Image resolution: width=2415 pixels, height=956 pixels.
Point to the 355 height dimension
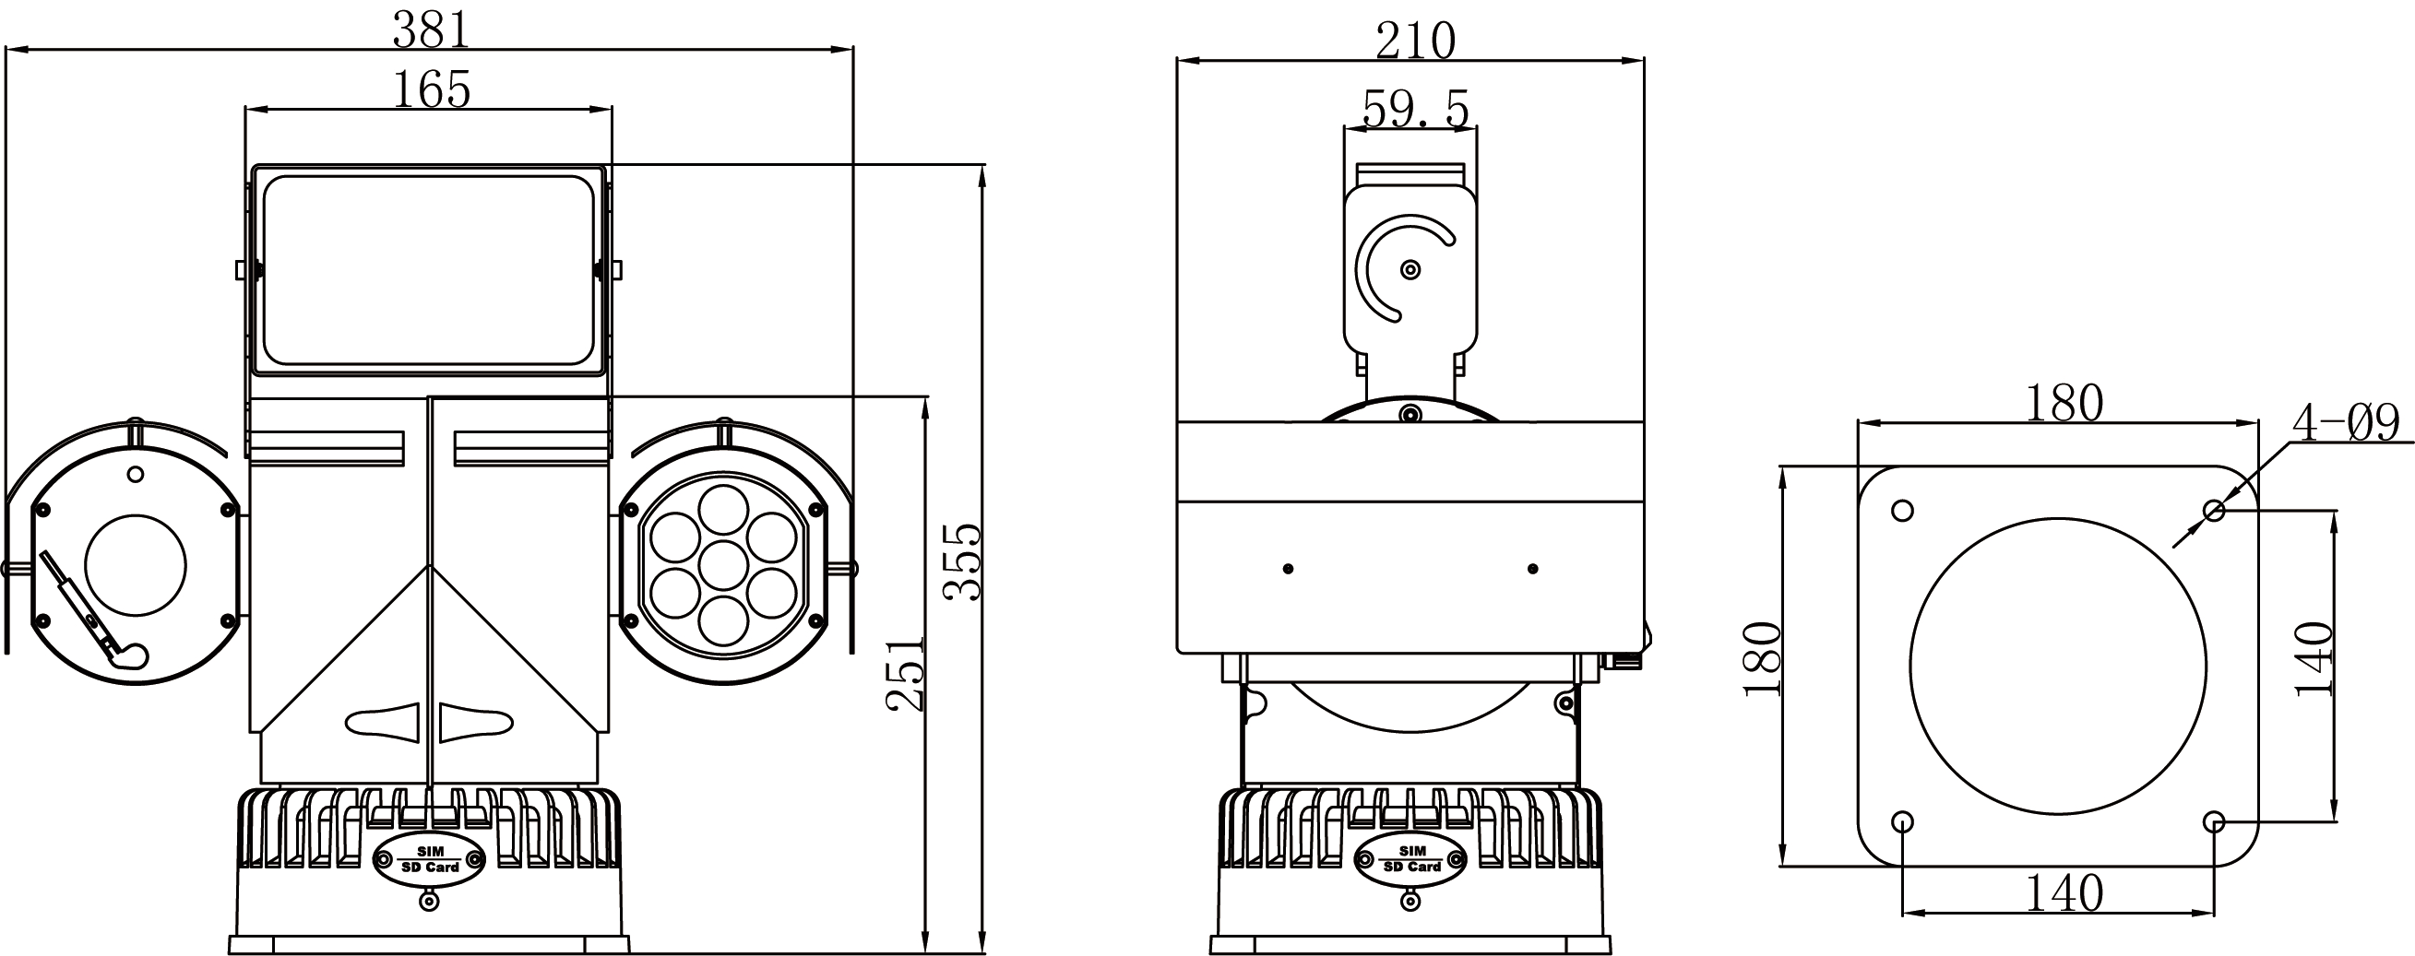tap(962, 561)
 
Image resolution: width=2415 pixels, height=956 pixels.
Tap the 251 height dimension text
tap(905, 674)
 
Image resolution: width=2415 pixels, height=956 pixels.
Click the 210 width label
tap(1415, 41)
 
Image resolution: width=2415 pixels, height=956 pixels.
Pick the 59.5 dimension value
tap(1415, 110)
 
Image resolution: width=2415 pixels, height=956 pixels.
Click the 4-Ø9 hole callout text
tap(2345, 423)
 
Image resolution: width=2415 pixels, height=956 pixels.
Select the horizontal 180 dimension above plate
tap(2064, 404)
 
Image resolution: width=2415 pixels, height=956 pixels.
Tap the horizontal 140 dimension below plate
tap(2064, 893)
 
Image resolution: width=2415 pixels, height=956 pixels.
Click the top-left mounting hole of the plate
tap(1902, 511)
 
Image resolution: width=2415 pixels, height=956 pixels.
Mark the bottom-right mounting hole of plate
tap(2213, 822)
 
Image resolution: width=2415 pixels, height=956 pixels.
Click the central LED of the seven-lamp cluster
tap(723, 565)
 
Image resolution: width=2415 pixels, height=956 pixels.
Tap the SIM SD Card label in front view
tap(429, 858)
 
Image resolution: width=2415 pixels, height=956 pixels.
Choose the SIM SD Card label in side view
tap(1411, 858)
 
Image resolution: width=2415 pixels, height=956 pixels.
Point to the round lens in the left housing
tap(135, 565)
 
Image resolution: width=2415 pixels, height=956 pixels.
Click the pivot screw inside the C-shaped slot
tap(1410, 270)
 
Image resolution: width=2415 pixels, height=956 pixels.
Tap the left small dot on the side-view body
tap(1288, 569)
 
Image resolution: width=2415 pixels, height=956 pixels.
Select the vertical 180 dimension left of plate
tap(1762, 658)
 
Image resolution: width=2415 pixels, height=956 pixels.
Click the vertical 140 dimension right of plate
tap(2313, 658)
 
